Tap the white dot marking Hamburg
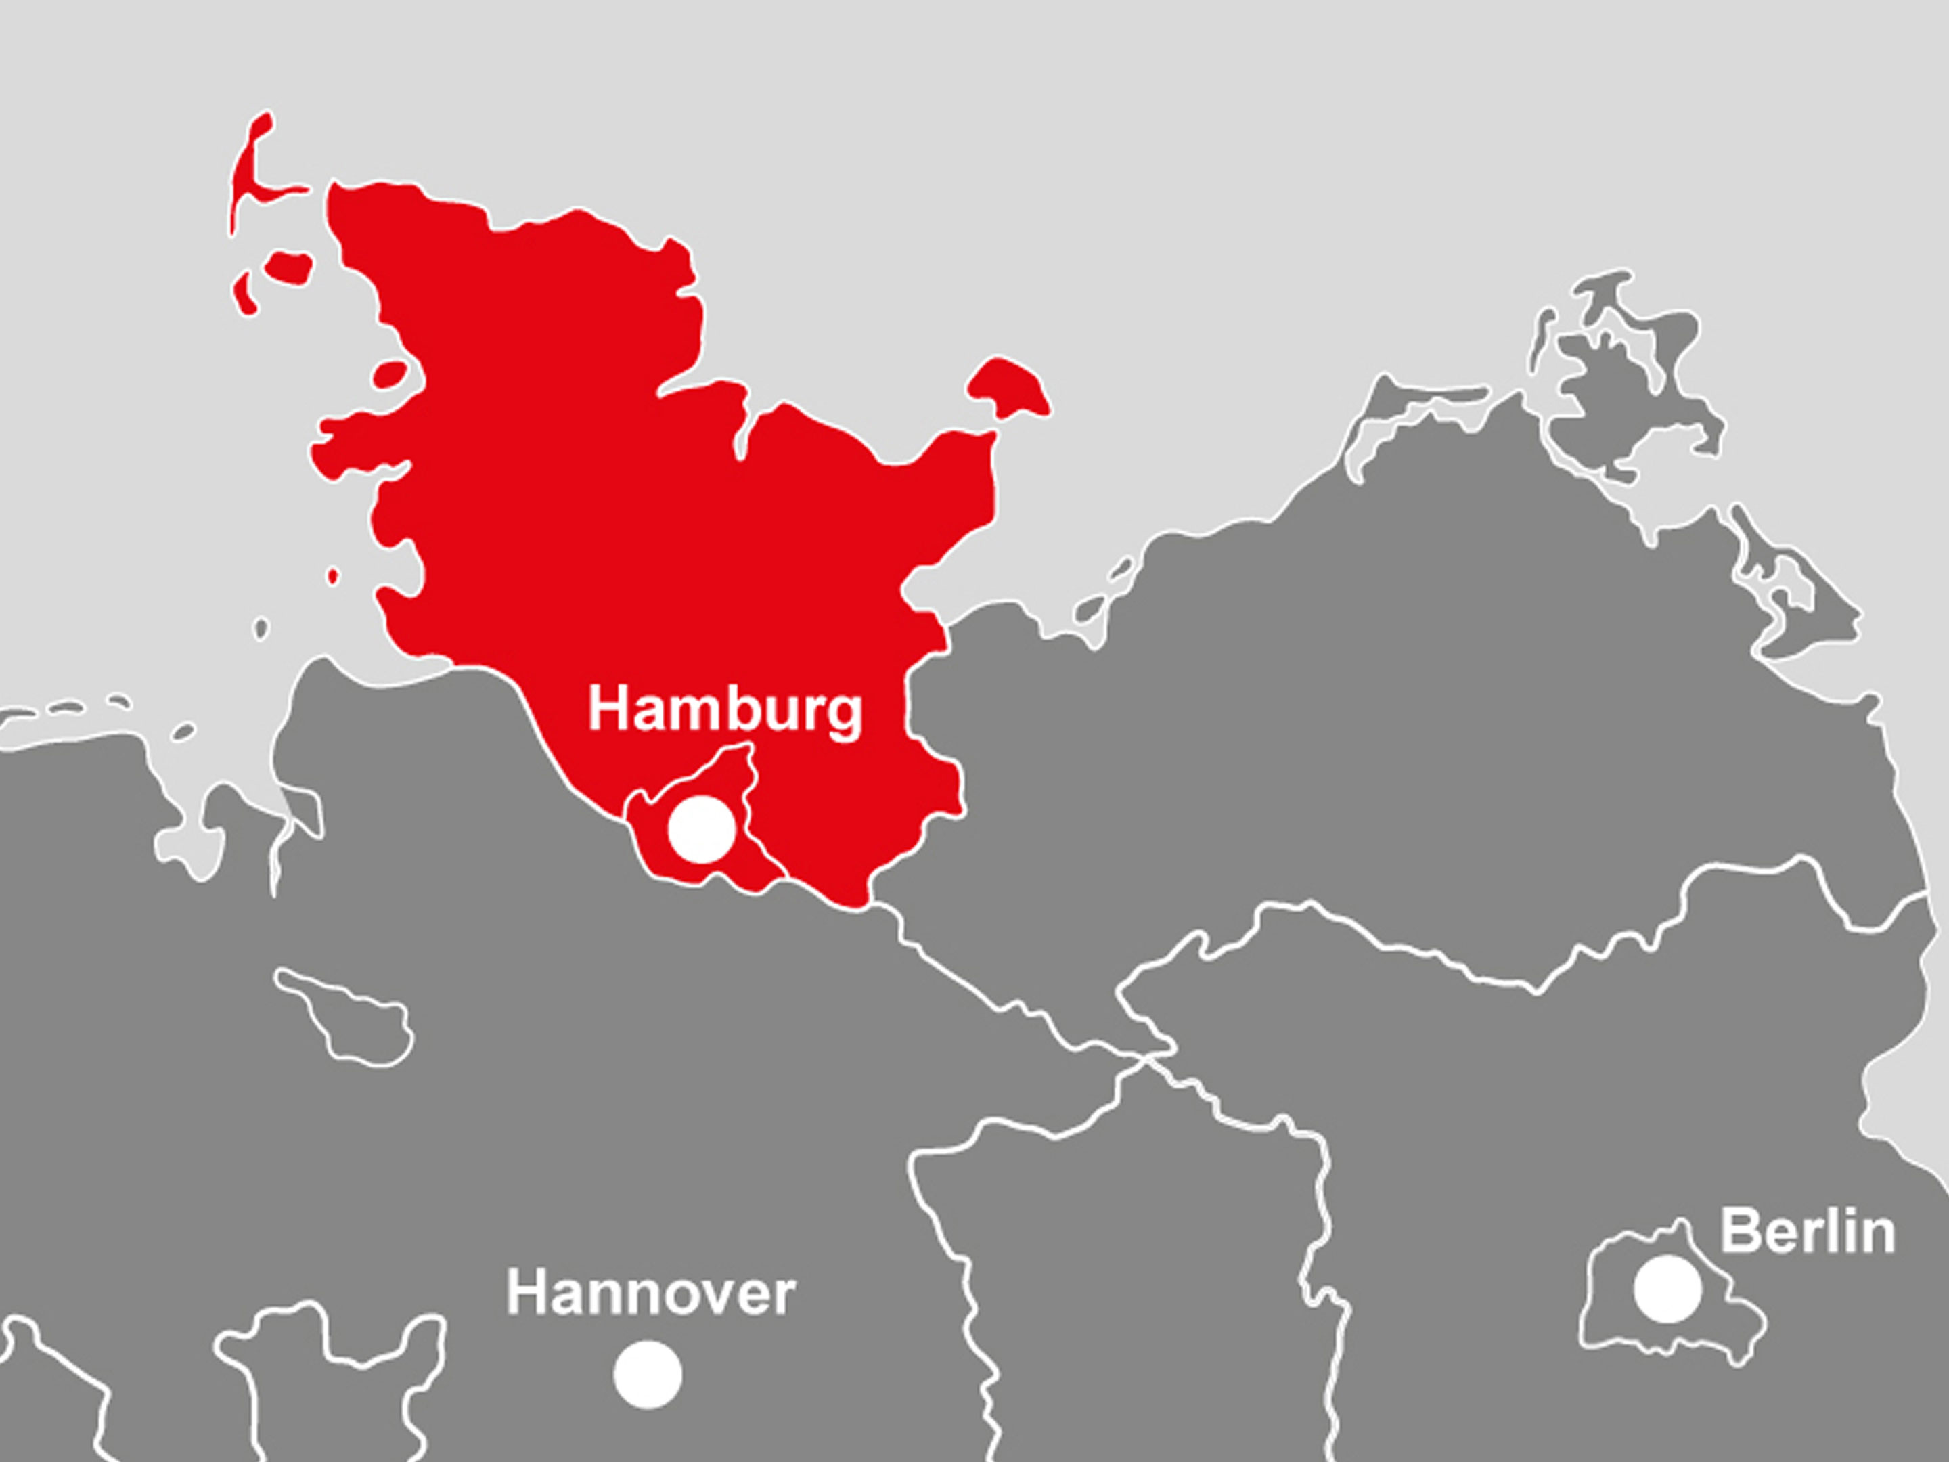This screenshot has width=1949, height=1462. click(700, 828)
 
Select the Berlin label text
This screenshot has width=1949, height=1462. click(1807, 1231)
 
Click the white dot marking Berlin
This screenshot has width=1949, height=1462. click(1667, 1289)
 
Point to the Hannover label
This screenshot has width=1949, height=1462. click(650, 1293)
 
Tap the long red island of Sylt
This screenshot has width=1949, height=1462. click(249, 176)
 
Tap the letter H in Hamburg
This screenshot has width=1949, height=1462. click(607, 709)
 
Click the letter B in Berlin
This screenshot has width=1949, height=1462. click(1739, 1231)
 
